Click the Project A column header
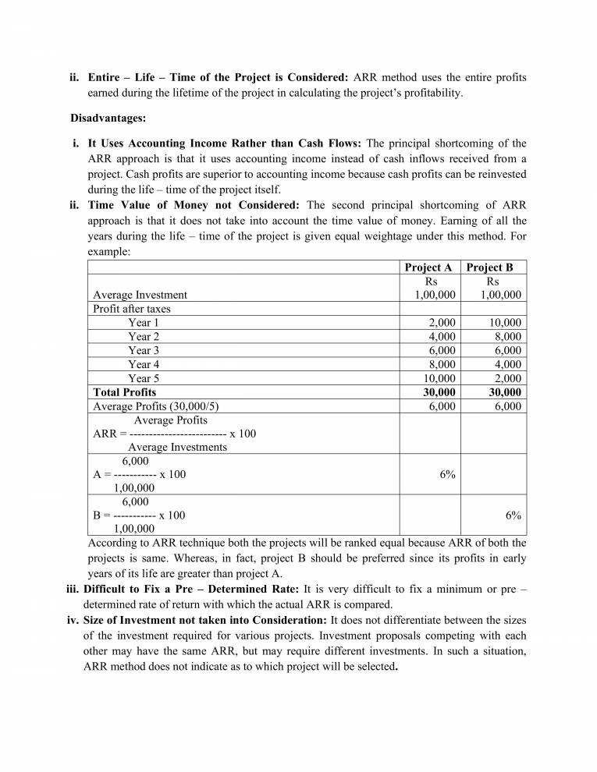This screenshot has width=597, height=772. tap(428, 267)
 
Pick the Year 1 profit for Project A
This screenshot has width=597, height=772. tap(442, 323)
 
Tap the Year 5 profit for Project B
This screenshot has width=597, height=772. tap(506, 378)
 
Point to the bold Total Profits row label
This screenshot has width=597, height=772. tap(124, 392)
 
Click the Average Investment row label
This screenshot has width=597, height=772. tap(140, 295)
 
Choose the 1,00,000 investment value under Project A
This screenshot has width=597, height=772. tap(435, 295)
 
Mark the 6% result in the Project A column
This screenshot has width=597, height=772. tap(447, 474)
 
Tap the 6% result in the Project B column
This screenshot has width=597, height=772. tap(513, 515)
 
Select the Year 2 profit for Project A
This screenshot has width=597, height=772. tap(442, 337)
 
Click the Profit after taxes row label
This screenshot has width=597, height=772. tap(132, 309)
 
